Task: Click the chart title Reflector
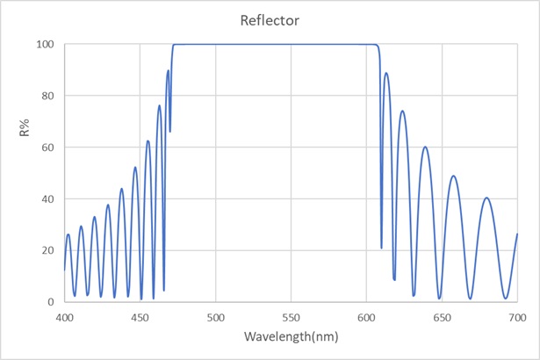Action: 270,18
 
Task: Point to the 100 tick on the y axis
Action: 46,44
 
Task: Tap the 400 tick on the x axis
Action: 64,317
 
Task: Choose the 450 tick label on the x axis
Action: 140,317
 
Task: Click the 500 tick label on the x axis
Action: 215,317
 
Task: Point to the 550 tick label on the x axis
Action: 291,317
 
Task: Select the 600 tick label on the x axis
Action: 366,317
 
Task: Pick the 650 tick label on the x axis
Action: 442,317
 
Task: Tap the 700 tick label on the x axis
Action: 516,317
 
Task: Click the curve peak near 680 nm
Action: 486,198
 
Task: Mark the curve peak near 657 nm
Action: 453,176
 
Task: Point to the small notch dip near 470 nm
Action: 170,131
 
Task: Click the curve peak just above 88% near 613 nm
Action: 385,74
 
